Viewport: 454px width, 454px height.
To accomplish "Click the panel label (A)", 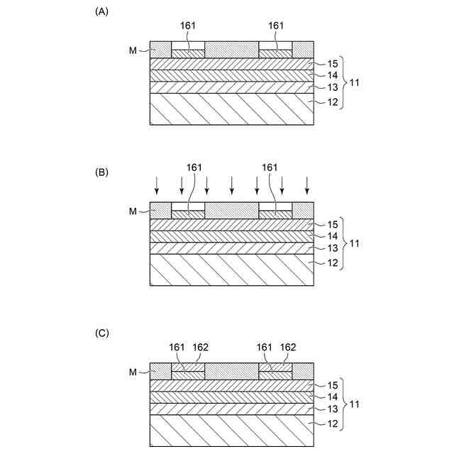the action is pyautogui.click(x=101, y=11).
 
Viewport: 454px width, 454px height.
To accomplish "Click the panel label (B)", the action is pyautogui.click(x=101, y=172).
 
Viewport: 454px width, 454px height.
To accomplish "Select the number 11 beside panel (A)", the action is pyautogui.click(x=355, y=84).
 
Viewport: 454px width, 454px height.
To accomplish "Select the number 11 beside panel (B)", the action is pyautogui.click(x=355, y=244).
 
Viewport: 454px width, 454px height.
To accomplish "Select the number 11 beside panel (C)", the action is pyautogui.click(x=355, y=404).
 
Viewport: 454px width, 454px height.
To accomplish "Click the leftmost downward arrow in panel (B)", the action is pyautogui.click(x=157, y=185).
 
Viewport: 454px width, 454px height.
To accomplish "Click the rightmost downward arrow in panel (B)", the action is pyautogui.click(x=306, y=185).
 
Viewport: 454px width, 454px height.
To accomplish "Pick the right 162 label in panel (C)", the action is pyautogui.click(x=288, y=347).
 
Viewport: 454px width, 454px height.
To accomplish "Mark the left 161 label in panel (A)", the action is pyautogui.click(x=187, y=26).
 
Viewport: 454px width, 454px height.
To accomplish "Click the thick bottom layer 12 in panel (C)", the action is pyautogui.click(x=232, y=431).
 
